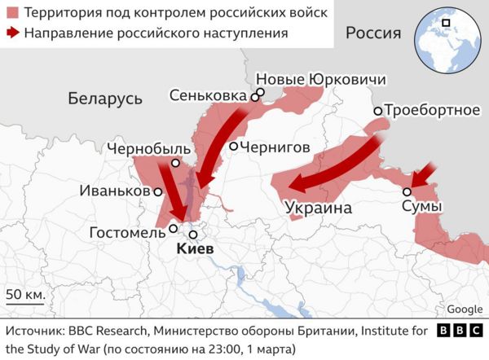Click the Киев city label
click(x=195, y=248)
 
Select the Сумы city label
click(x=421, y=208)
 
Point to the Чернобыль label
click(x=149, y=149)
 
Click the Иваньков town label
click(x=115, y=191)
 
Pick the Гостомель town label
click(x=126, y=234)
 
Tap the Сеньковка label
click(x=207, y=96)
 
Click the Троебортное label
click(x=432, y=110)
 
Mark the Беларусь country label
click(x=105, y=99)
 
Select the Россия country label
click(x=373, y=33)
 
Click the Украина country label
click(x=319, y=209)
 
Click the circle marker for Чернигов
click(x=233, y=147)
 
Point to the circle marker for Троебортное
click(x=378, y=111)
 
